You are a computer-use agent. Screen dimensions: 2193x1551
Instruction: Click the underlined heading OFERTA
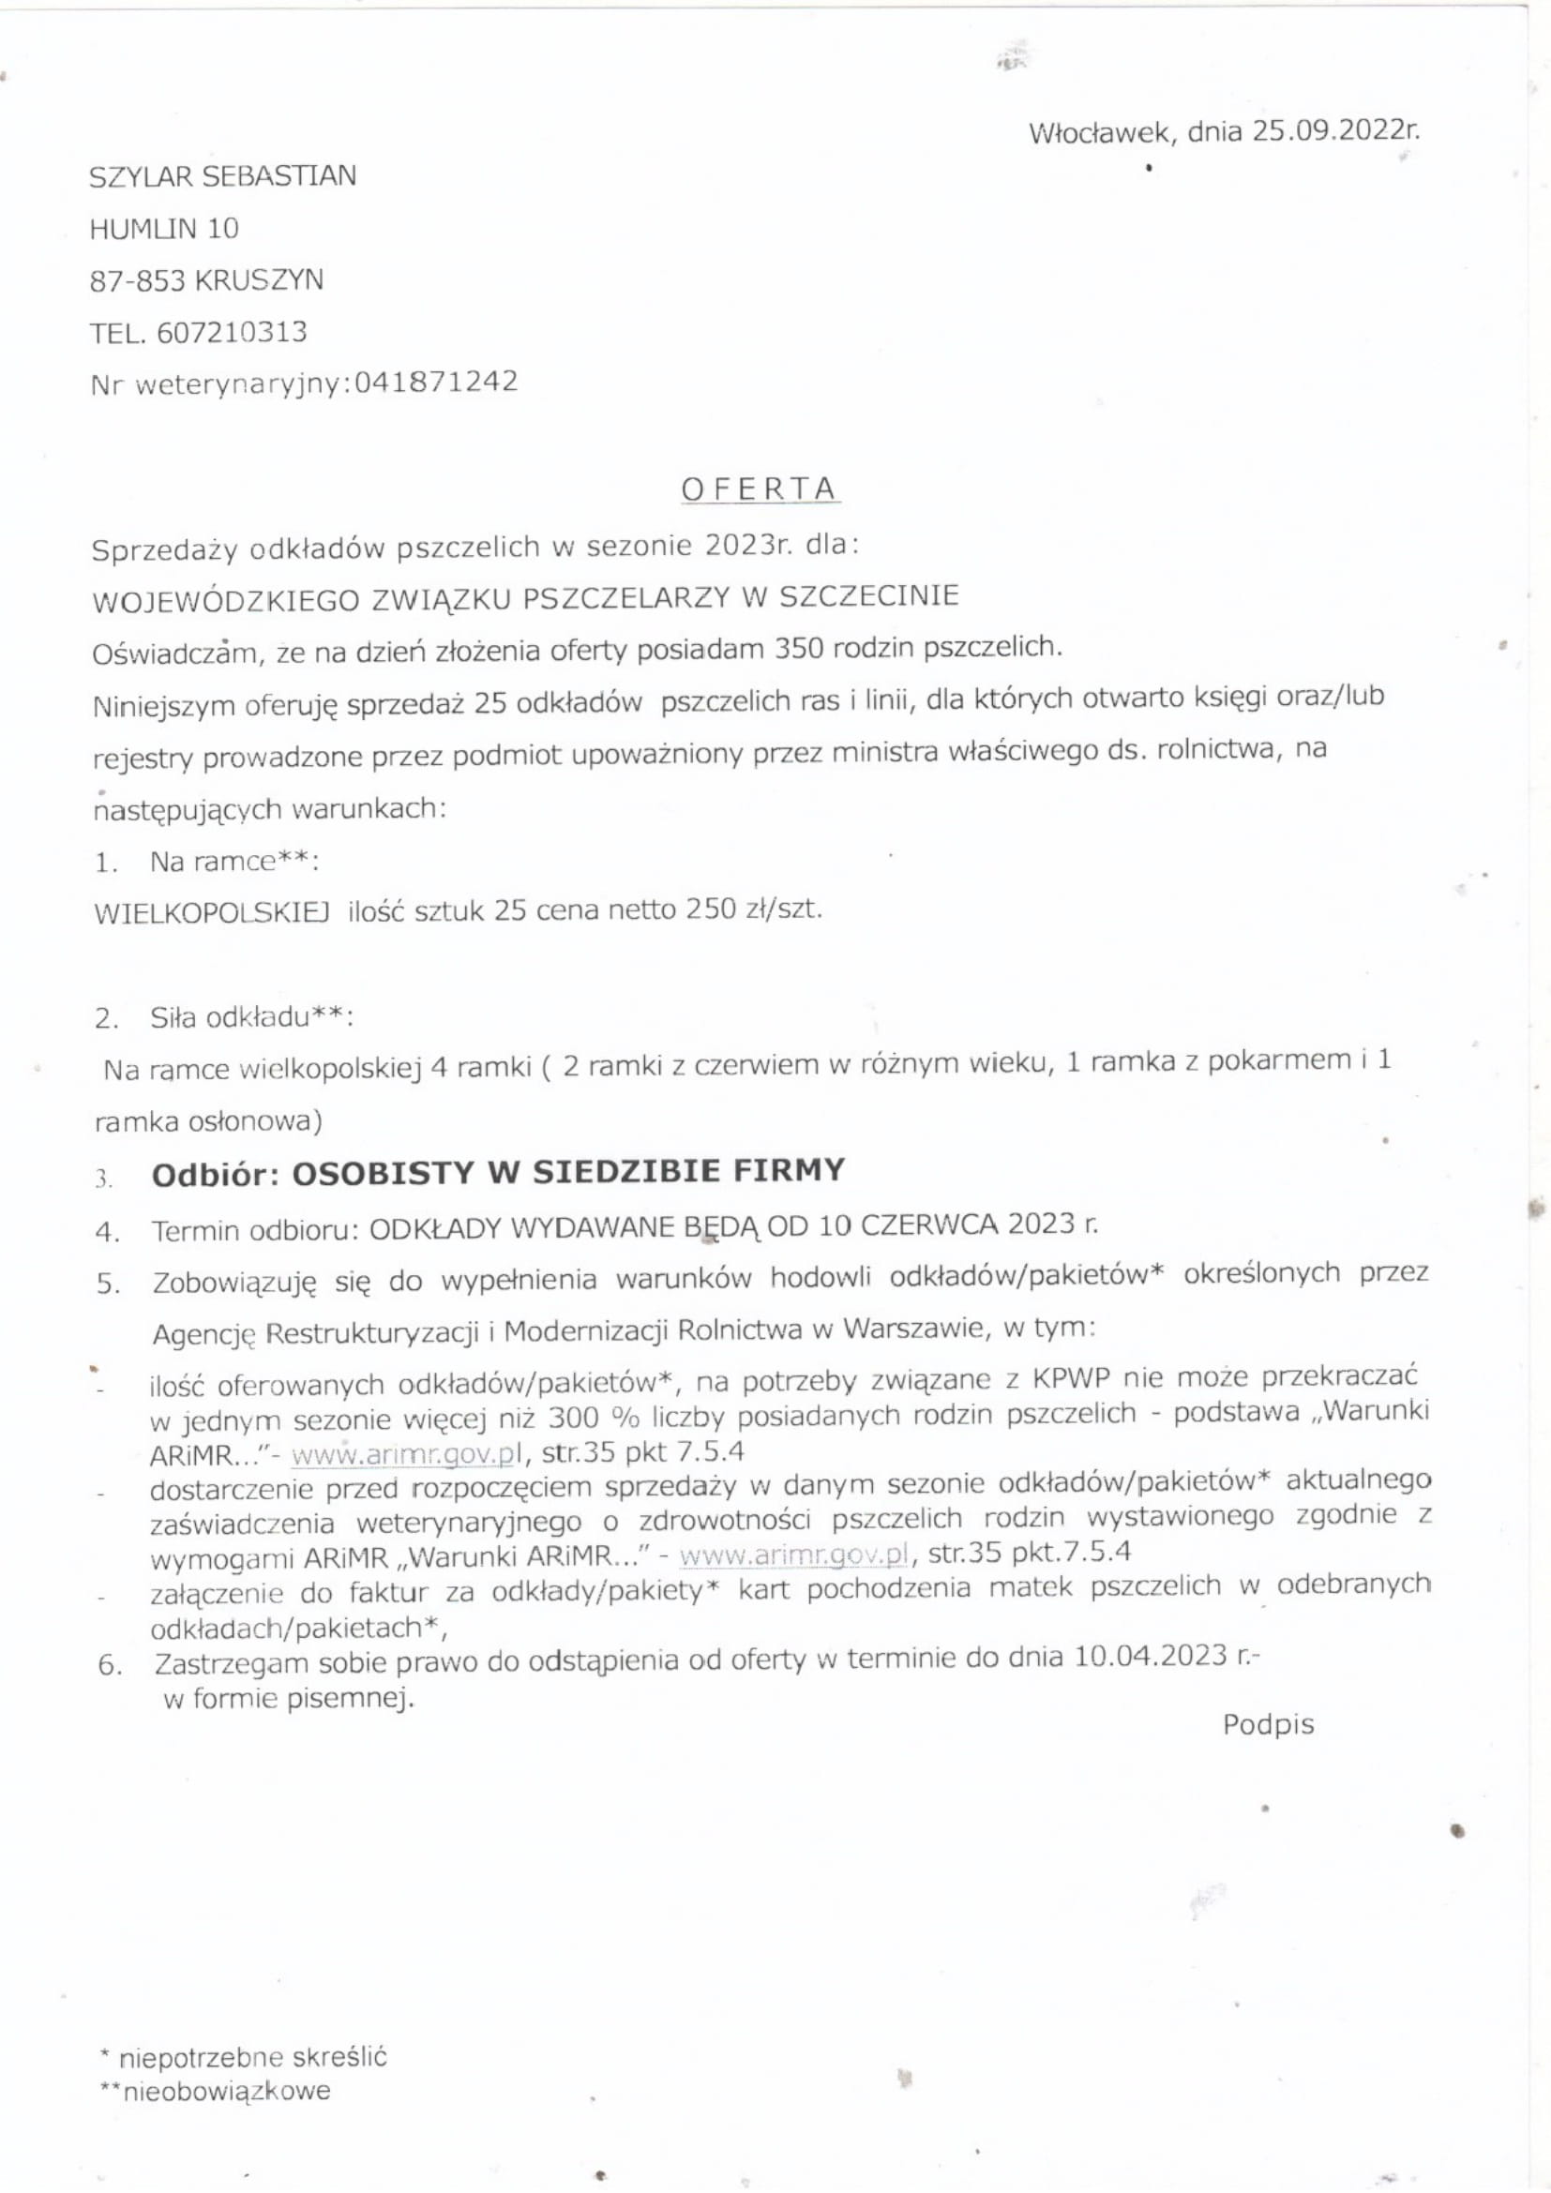[760, 489]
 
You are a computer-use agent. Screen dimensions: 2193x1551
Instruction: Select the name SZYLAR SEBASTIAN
[222, 176]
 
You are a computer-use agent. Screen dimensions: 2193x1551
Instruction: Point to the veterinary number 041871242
[435, 382]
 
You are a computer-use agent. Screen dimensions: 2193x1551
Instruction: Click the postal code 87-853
[137, 281]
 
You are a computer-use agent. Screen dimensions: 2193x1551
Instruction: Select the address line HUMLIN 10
[163, 229]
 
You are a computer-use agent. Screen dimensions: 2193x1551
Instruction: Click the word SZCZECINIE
[869, 596]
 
